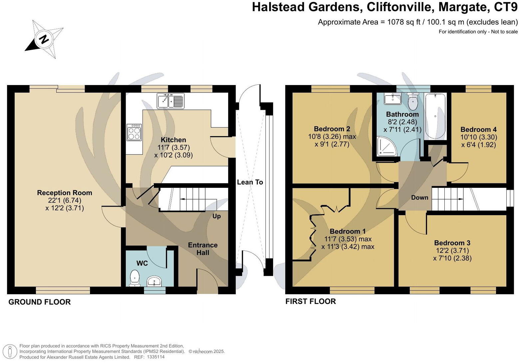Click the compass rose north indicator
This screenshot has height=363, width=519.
click(x=44, y=39)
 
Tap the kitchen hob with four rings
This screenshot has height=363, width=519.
click(x=134, y=132)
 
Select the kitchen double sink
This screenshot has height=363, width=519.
click(x=170, y=100)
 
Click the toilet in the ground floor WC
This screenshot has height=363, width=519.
click(x=135, y=278)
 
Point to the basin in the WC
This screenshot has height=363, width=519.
click(x=154, y=281)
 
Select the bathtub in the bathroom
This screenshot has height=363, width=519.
click(x=435, y=116)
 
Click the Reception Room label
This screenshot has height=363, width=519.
click(x=65, y=193)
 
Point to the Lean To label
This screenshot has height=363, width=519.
click(x=250, y=182)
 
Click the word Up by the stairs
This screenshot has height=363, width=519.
click(x=217, y=216)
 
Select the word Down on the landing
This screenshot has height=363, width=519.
click(x=419, y=198)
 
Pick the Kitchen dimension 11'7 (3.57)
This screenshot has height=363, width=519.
click(x=173, y=147)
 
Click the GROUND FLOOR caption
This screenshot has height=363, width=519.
click(x=39, y=302)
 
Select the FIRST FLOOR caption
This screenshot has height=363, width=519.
click(x=310, y=301)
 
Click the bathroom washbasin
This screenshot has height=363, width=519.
click(x=392, y=99)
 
